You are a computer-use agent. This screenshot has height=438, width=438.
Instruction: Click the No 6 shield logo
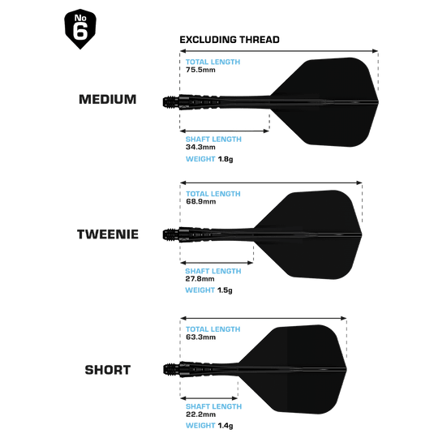(80, 28)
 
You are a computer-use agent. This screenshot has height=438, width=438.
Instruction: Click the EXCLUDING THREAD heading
(230, 40)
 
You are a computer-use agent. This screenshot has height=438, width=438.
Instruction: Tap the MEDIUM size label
(108, 100)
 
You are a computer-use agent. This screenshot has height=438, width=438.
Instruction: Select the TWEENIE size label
(108, 234)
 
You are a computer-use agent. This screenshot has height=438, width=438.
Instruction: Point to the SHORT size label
(108, 370)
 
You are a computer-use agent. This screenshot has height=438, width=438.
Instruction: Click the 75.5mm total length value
(200, 70)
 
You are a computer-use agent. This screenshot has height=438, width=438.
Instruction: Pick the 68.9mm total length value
(201, 202)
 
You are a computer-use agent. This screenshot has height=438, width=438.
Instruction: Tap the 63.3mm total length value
(201, 337)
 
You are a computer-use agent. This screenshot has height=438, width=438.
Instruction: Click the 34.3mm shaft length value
(200, 147)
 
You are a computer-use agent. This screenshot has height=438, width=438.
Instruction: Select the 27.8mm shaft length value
(200, 279)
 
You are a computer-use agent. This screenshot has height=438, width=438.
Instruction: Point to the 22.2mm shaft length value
(201, 414)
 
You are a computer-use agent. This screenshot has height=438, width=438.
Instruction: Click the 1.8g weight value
(225, 159)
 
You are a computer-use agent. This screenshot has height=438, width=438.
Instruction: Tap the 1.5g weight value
(225, 290)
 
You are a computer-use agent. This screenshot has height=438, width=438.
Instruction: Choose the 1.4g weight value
(225, 426)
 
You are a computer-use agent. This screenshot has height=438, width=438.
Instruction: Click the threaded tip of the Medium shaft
(170, 101)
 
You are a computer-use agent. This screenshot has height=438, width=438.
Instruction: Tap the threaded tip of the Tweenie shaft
(170, 234)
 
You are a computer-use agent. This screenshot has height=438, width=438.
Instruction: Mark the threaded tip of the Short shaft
(171, 370)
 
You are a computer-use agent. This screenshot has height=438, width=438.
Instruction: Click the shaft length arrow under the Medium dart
(225, 131)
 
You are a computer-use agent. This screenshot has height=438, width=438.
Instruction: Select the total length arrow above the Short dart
(264, 318)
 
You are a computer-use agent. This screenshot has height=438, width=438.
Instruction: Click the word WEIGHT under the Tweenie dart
(200, 290)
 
